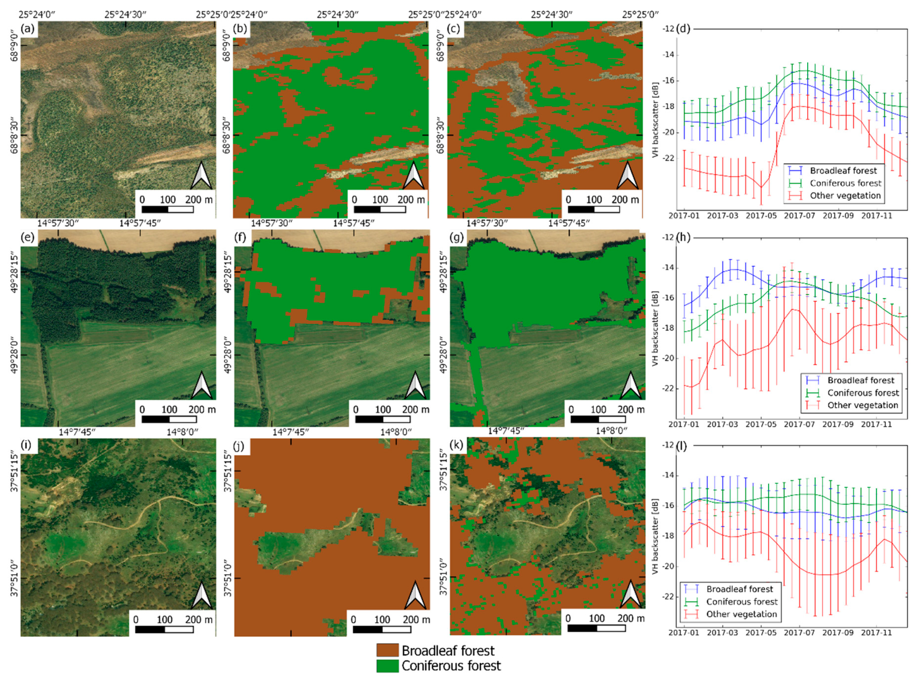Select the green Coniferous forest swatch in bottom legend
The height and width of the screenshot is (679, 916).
[387, 665]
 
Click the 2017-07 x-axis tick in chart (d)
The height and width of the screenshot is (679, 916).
[799, 215]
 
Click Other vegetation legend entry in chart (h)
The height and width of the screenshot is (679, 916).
[862, 405]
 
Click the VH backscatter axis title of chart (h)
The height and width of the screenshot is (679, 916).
[655, 329]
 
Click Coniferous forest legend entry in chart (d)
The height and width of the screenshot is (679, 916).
[845, 183]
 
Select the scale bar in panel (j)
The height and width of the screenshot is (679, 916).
[382, 629]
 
